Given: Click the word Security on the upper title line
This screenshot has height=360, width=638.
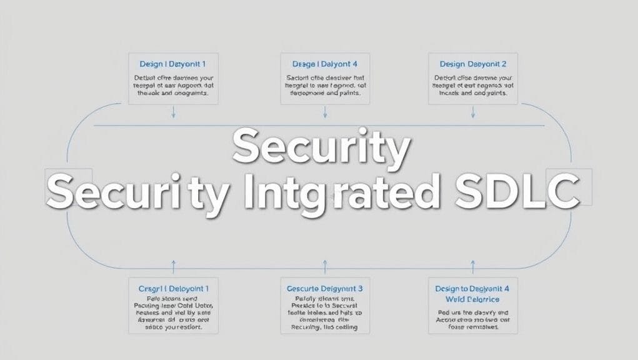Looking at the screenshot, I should [321, 147].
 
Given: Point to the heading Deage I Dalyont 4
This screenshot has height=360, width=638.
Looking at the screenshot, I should [325, 64].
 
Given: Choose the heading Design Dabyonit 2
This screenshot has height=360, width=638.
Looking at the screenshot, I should [472, 64].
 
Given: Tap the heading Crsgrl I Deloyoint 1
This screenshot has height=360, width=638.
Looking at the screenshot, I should [173, 289].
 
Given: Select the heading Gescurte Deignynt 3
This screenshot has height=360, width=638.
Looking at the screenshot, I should [325, 289].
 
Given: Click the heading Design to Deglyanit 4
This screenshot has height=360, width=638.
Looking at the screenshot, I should [472, 289].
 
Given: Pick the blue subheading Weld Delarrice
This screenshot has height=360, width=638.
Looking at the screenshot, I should [472, 299].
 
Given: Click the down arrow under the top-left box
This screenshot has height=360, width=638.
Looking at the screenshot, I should [174, 112].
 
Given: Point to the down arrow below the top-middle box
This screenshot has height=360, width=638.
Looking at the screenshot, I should [325, 112].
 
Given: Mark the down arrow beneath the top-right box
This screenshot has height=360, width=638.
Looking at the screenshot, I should [473, 112].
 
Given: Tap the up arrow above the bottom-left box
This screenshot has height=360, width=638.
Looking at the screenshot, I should [174, 267].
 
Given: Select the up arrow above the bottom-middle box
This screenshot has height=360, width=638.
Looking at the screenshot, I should [325, 267].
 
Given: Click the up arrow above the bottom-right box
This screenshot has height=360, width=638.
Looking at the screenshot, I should [473, 267].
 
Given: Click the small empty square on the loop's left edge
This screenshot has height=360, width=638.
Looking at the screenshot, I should [69, 187].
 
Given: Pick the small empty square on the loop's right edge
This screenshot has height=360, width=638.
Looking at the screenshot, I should [569, 187].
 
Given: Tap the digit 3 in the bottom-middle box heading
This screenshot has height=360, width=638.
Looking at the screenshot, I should [359, 289].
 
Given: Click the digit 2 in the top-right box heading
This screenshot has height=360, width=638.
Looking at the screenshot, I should [504, 64].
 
